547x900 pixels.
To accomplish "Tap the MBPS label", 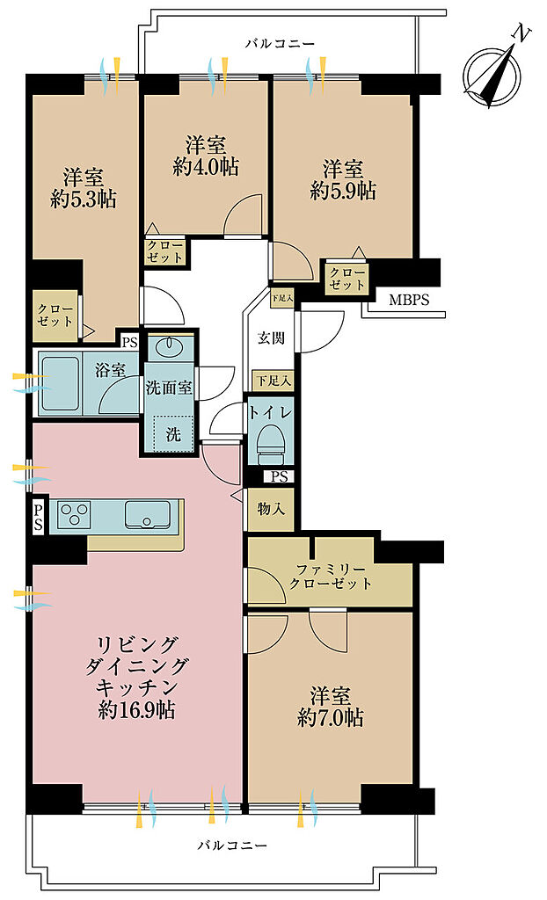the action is (409, 300).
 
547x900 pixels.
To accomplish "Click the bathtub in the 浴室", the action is (60, 383).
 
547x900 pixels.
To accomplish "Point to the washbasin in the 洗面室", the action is (171, 348).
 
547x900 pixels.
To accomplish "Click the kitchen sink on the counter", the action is (149, 515).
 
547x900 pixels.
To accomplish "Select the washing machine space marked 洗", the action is (173, 433).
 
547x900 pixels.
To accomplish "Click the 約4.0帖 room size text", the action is (206, 167).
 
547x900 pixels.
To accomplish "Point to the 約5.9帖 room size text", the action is (343, 190).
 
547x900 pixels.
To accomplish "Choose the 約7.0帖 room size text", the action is (331, 717).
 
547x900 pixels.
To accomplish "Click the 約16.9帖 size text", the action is (137, 710).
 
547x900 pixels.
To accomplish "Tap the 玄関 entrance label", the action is (271, 338).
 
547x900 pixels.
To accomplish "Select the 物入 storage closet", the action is (271, 509).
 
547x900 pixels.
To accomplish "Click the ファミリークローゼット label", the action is (331, 577).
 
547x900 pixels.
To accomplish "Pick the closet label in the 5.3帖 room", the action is (55, 316).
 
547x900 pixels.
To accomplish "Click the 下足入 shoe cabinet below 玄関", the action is (273, 380).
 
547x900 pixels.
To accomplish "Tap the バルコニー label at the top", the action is (280, 44).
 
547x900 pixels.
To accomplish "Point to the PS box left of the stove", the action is (38, 515).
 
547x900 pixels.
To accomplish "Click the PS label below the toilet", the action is (279, 476).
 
